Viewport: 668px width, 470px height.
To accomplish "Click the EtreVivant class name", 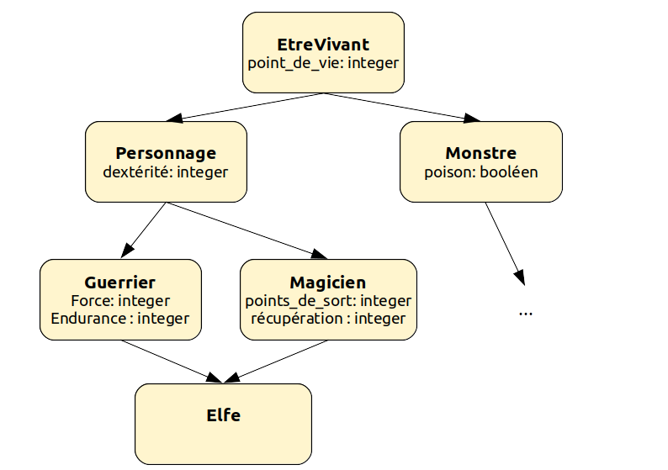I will coord(323,45).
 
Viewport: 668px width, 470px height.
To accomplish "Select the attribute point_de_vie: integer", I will coord(323,63).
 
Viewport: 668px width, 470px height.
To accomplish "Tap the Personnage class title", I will coord(166,153).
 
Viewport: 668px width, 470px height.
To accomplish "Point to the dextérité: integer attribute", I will coord(166,172).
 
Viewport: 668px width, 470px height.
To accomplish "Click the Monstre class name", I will coord(480,153).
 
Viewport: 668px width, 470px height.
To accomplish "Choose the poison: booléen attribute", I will coord(480,172).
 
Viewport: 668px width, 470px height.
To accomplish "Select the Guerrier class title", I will coord(119,283).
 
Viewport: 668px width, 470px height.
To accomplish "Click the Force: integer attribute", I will coord(119,300).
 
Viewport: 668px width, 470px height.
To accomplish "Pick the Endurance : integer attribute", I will coord(119,319).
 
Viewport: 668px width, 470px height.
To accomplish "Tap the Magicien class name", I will coord(327,283).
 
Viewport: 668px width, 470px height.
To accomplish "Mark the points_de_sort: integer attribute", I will coord(327,300).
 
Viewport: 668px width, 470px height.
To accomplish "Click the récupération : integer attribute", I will coord(327,319).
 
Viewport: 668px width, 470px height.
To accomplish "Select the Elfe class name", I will coord(223,415).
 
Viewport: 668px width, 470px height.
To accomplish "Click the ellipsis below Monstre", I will coord(526,312).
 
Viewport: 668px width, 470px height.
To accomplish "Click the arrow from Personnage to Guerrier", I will coord(144,230).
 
